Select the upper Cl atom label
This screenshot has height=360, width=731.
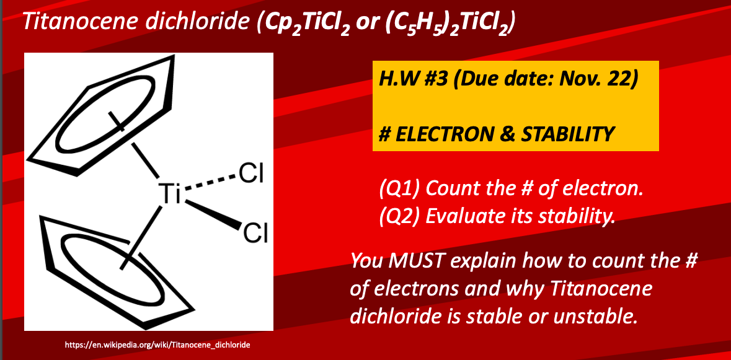pos(251,175)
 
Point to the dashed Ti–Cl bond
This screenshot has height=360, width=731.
pos(208,183)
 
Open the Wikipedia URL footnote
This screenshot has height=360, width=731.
pos(157,345)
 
